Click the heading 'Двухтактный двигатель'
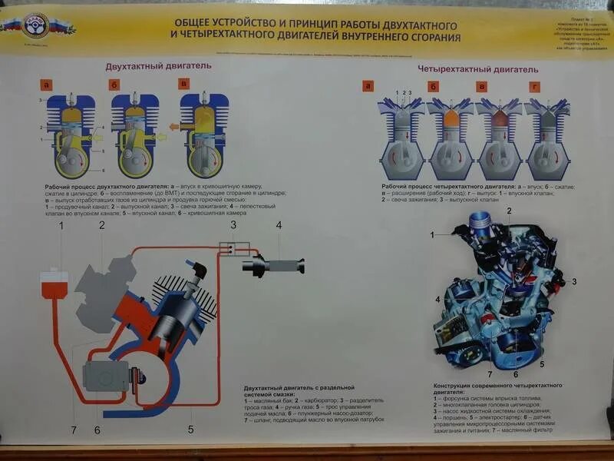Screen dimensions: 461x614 coord(158,66)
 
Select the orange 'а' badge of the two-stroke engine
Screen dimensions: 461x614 coord(48,85)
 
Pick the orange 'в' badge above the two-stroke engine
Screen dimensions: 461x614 coord(183,84)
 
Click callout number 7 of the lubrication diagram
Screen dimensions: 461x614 coord(74,429)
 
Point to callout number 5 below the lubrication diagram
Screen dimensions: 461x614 coord(190,429)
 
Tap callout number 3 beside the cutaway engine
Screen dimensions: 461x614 coord(573,282)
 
